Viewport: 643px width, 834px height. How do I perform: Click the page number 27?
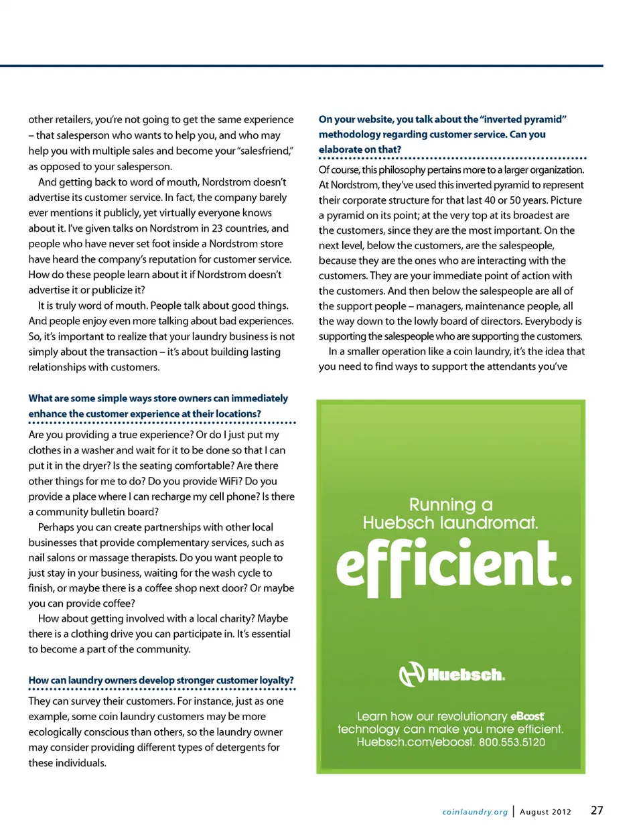click(x=597, y=810)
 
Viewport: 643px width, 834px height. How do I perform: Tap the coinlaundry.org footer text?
click(x=475, y=812)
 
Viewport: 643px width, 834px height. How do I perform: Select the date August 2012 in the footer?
click(x=545, y=812)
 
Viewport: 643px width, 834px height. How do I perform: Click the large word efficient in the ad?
click(x=453, y=565)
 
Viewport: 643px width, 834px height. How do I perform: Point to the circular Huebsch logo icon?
click(x=411, y=674)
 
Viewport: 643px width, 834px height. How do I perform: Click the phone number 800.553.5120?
click(x=512, y=742)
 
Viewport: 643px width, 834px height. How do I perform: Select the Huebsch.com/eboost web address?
click(x=415, y=742)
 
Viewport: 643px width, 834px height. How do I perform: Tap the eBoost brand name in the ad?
click(x=527, y=716)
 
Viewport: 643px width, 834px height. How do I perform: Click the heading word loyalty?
click(x=276, y=680)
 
